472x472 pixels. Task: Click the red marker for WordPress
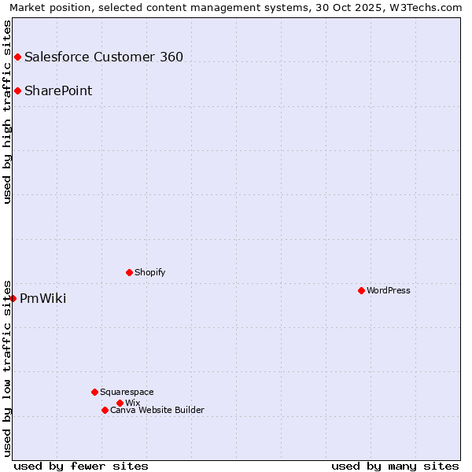(361, 290)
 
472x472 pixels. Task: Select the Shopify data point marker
(129, 272)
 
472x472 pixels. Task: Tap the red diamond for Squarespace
(94, 392)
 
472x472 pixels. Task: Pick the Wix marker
(120, 403)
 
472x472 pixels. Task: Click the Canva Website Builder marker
(105, 410)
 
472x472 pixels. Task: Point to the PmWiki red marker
(13, 298)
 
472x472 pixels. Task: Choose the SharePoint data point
(17, 90)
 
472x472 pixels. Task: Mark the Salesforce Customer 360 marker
(17, 57)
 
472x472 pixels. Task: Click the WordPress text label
(389, 290)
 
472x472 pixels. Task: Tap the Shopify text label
(150, 272)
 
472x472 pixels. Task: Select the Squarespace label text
(127, 392)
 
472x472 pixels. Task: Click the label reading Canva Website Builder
(157, 410)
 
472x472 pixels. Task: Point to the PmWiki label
(43, 298)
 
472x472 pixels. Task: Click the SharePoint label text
(58, 90)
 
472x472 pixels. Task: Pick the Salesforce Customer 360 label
(104, 57)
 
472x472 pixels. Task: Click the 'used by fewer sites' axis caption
(81, 466)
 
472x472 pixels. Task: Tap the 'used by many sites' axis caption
(395, 466)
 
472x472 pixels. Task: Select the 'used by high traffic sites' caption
(8, 112)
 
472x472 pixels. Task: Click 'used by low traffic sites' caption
(8, 368)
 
